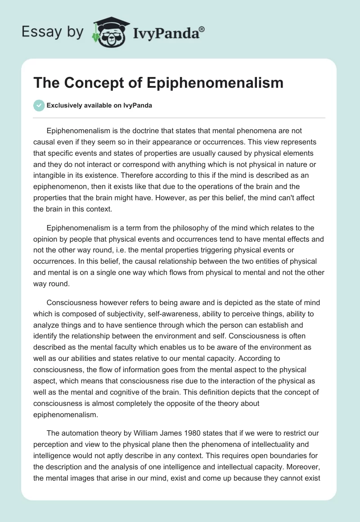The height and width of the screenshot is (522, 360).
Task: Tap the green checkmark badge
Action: (39, 106)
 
